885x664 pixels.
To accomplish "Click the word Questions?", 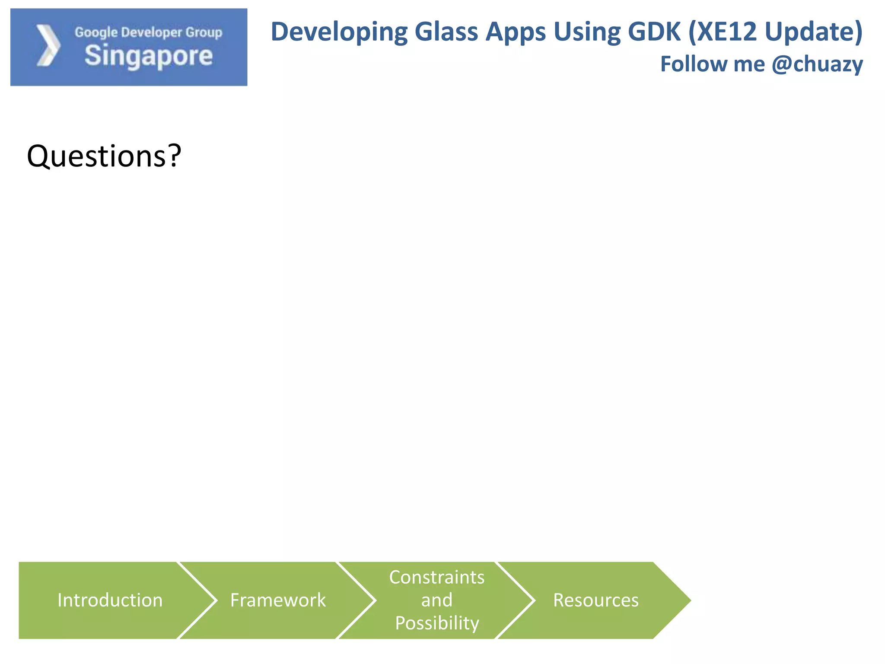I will click(104, 156).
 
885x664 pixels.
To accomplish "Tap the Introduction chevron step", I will click(110, 600).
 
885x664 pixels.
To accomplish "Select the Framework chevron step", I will click(278, 600).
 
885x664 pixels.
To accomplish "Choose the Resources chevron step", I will click(595, 600).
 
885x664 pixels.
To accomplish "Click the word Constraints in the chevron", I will click(436, 578).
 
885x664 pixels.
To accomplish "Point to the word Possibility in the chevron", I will click(437, 623).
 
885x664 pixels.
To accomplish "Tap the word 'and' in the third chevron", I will click(437, 600).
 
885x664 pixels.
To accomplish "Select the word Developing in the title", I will click(339, 32).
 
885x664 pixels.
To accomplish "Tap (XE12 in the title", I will click(722, 32).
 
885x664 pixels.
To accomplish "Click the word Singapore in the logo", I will click(149, 56).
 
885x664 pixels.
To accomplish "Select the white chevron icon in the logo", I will click(48, 45).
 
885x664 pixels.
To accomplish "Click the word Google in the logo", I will click(96, 32).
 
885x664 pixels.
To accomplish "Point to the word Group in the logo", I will click(204, 32).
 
